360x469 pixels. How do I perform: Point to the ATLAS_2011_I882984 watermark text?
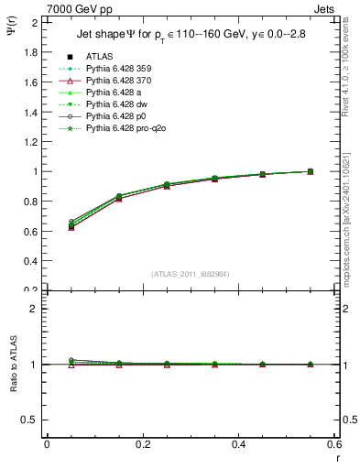(x=191, y=274)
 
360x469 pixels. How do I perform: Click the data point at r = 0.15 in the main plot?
(x=144, y=197)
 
